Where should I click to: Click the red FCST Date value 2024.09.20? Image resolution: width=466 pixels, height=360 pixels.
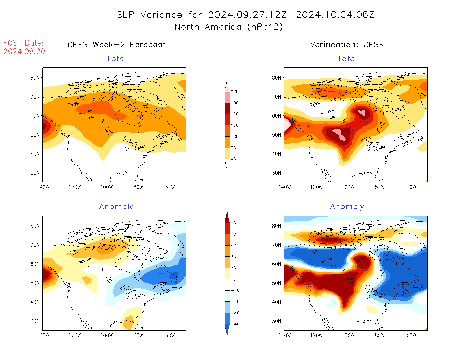24,51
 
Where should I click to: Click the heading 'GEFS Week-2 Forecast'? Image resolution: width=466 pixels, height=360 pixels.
117,45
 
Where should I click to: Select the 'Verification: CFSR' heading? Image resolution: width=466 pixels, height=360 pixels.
347,45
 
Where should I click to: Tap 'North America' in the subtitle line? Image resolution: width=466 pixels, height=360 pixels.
208,27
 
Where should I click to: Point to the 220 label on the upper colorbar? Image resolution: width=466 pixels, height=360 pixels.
235,92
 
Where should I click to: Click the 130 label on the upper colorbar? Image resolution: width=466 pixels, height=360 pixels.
235,125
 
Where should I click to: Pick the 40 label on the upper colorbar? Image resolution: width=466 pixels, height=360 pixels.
233,159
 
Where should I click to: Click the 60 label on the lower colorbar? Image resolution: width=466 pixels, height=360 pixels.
233,223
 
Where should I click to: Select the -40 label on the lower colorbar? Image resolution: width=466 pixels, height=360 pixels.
235,324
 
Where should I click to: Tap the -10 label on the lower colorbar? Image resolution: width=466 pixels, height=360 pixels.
235,290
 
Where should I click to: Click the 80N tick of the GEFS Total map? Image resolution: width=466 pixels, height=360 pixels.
35,78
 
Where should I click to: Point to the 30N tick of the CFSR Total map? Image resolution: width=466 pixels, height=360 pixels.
276,173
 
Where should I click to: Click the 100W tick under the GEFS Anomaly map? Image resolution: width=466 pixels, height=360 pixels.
107,335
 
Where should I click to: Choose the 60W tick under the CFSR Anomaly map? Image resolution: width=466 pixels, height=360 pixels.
411,335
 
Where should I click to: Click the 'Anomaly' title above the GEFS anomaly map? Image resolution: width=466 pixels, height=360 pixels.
116,206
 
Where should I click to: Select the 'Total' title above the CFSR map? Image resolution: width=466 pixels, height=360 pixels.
347,59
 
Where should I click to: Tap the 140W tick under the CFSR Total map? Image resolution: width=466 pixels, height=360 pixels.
284,187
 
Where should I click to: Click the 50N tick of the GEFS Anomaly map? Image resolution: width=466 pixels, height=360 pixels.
35,283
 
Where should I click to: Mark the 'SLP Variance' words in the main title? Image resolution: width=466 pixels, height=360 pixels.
149,15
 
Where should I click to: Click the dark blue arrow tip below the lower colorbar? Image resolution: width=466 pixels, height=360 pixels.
227,334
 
